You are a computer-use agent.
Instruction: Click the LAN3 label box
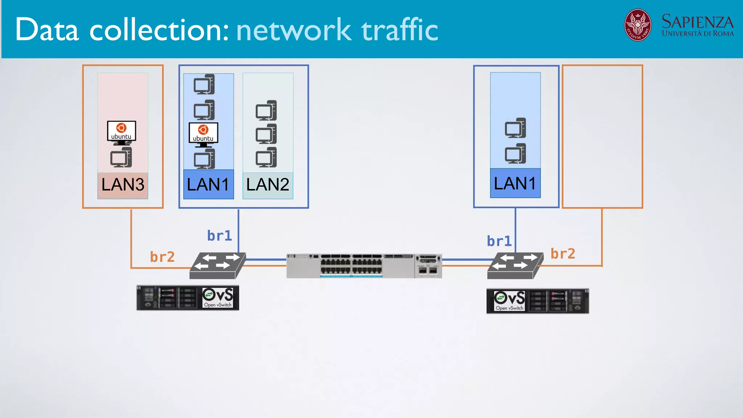(x=123, y=185)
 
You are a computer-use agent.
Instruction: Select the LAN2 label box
(x=268, y=185)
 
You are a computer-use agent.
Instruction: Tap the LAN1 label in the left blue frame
(x=208, y=185)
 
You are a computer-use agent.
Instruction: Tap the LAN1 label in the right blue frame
(x=515, y=184)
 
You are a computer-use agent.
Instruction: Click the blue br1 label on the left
(x=219, y=236)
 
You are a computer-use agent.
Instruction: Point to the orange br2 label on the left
(x=162, y=257)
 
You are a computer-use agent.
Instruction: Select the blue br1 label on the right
(x=499, y=241)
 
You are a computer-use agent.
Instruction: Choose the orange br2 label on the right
(x=563, y=254)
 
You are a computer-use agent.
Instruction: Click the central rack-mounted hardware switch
(x=364, y=266)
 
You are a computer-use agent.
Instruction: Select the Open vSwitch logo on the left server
(x=218, y=298)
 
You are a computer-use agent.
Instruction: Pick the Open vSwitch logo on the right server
(x=509, y=301)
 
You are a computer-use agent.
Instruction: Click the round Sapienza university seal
(x=637, y=25)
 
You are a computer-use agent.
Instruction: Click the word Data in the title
(x=47, y=30)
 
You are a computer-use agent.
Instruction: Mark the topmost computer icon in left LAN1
(x=204, y=84)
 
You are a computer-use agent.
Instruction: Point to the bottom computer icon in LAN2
(x=266, y=157)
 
